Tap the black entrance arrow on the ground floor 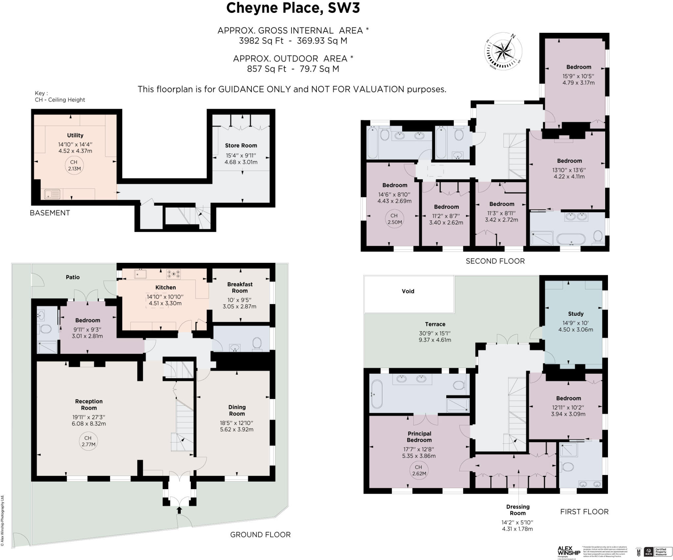click(x=179, y=510)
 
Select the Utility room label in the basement click(x=75, y=135)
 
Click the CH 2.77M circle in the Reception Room click(x=88, y=441)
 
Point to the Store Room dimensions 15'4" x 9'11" click(x=241, y=155)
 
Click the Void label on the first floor click(x=408, y=291)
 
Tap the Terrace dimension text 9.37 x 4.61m click(x=435, y=340)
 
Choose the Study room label click(x=576, y=314)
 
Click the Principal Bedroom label click(x=419, y=437)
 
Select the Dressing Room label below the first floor click(x=518, y=510)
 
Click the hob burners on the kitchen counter click(x=174, y=274)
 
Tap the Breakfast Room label click(x=240, y=287)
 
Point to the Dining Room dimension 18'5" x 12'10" click(x=237, y=423)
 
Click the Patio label click(x=73, y=277)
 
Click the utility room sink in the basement click(x=52, y=194)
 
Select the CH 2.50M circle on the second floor click(x=394, y=219)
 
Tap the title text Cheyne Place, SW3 click(x=293, y=8)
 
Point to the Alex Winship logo click(x=569, y=551)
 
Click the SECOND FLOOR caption click(x=495, y=261)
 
